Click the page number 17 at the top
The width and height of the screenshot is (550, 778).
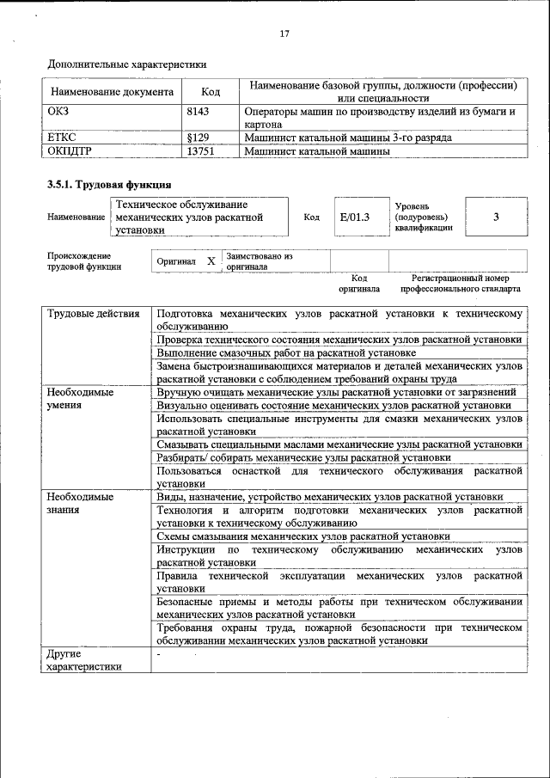(x=284, y=34)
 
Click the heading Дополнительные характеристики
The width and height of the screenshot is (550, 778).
(x=126, y=64)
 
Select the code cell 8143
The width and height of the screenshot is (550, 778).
(x=199, y=112)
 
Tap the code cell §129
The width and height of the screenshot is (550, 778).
(x=198, y=137)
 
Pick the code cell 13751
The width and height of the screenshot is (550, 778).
(x=200, y=150)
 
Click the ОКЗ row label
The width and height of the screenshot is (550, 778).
(x=59, y=112)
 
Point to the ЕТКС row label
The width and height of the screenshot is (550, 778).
(x=62, y=137)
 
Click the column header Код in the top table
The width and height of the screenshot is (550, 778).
(x=211, y=91)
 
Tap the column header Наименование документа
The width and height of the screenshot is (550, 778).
(x=112, y=91)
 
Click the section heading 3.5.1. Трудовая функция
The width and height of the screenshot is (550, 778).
(x=108, y=184)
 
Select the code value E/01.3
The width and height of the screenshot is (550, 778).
(x=354, y=217)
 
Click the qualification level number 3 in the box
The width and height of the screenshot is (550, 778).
(x=496, y=217)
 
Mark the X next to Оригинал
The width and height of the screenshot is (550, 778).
(x=211, y=260)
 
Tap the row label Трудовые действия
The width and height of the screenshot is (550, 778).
(x=94, y=314)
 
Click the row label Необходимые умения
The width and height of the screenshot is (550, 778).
(x=81, y=398)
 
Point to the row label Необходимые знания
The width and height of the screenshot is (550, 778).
(x=81, y=503)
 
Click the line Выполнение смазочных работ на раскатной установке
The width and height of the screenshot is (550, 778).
(x=287, y=353)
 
